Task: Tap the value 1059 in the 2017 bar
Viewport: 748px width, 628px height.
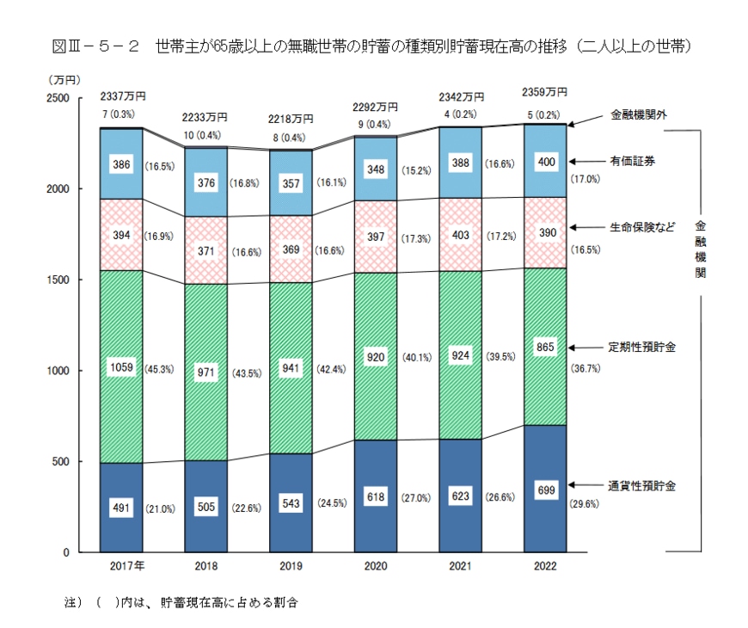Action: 120,368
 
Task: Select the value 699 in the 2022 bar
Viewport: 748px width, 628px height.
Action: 546,490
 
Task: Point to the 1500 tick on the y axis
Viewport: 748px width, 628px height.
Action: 58,280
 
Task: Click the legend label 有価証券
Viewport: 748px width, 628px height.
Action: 632,160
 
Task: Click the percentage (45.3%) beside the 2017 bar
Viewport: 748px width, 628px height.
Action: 160,370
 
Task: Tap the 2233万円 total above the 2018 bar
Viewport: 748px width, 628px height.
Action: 205,119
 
